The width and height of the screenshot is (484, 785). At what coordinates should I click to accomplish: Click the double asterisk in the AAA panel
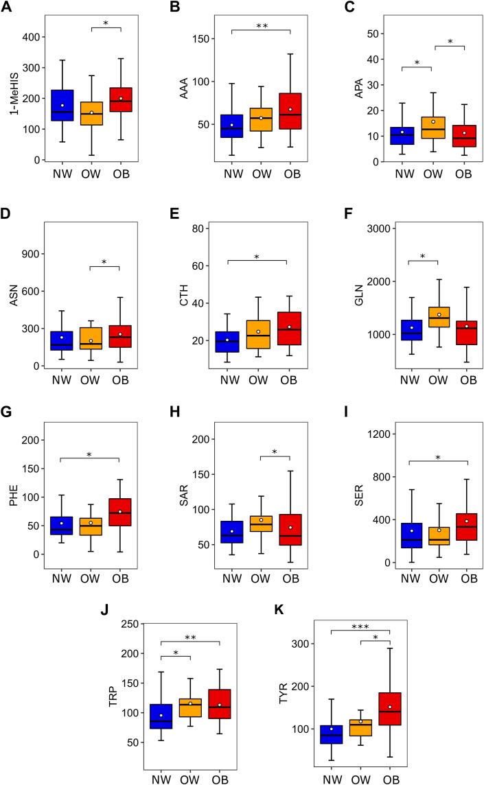[x=262, y=26]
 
